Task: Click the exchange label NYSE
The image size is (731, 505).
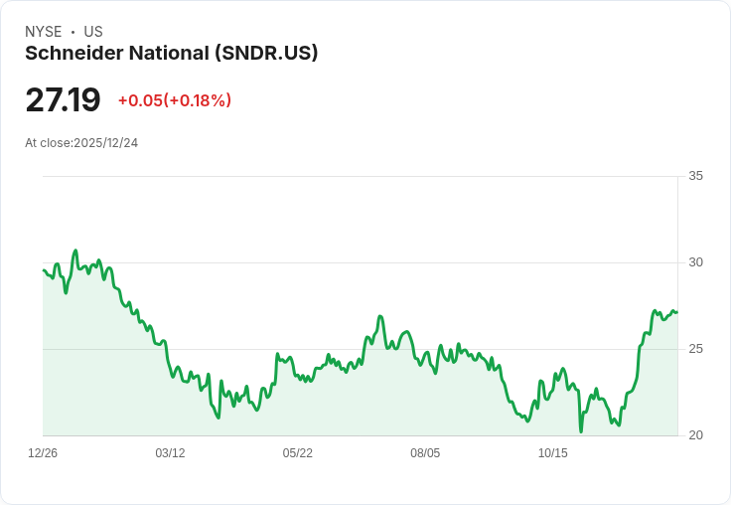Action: point(44,32)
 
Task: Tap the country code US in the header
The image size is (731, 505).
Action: point(93,32)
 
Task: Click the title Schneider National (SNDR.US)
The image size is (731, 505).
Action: point(172,54)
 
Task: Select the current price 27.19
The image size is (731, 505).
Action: point(63,100)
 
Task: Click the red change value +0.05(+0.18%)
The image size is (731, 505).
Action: point(175,100)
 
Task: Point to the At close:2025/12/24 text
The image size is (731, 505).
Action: point(81,143)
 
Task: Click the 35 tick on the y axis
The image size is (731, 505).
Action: point(696,176)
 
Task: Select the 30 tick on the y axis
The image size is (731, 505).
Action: point(696,262)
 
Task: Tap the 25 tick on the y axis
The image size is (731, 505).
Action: point(696,349)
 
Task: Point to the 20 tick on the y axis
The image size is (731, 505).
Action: point(696,435)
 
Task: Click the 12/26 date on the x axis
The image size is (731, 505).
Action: point(43,453)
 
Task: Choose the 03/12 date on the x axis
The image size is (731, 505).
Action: point(170,453)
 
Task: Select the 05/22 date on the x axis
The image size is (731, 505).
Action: point(297,453)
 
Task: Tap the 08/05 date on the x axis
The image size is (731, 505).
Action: point(425,453)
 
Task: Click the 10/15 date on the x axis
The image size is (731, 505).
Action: point(552,453)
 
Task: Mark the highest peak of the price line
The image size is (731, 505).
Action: point(75,251)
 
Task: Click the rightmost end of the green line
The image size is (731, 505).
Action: point(677,312)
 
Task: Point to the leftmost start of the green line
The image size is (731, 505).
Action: point(44,270)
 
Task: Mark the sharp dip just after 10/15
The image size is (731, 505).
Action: point(581,431)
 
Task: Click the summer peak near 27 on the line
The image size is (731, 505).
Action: point(380,316)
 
